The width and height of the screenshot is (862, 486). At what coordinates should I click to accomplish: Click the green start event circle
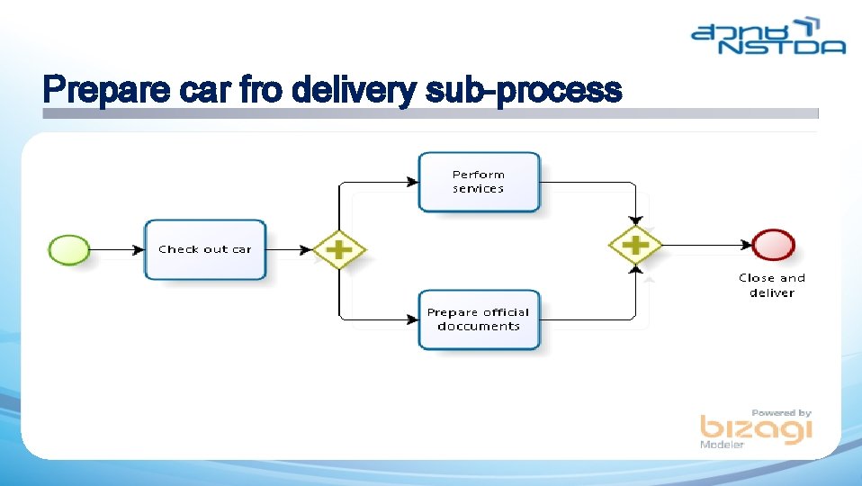68,249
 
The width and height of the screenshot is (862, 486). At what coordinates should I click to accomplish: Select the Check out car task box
205,249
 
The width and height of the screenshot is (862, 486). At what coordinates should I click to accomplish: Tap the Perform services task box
479,182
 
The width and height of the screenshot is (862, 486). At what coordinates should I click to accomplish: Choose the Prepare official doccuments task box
479,319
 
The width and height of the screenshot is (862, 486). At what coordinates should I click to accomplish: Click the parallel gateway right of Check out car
338,249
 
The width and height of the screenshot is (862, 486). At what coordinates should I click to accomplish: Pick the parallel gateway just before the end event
635,245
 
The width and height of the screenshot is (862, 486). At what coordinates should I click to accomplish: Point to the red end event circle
773,245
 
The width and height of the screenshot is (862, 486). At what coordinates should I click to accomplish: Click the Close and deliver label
772,285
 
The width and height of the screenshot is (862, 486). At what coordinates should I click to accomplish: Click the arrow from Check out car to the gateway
290,249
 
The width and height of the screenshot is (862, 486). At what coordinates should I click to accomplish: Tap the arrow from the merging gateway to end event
707,245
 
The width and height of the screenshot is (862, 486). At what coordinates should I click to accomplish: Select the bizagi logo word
756,429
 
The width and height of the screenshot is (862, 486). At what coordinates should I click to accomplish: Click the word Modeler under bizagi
723,445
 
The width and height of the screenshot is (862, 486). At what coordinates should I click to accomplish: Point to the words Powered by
781,412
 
